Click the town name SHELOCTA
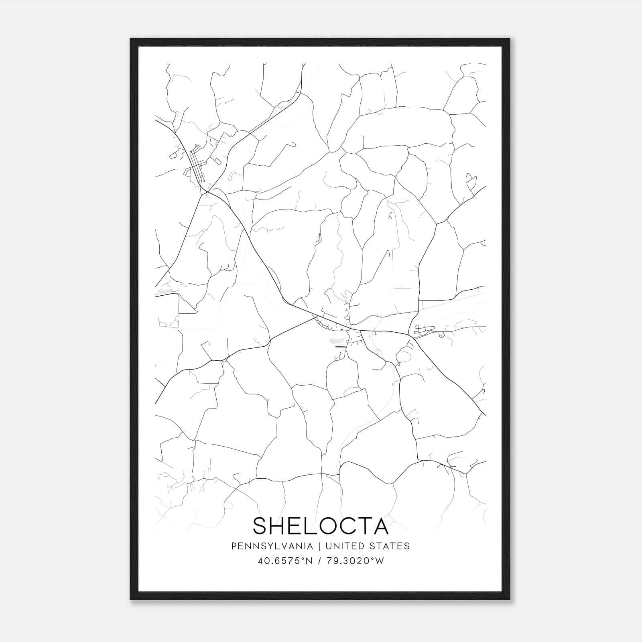(x=321, y=526)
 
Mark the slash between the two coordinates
(x=319, y=561)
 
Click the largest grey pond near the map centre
(x=333, y=341)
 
